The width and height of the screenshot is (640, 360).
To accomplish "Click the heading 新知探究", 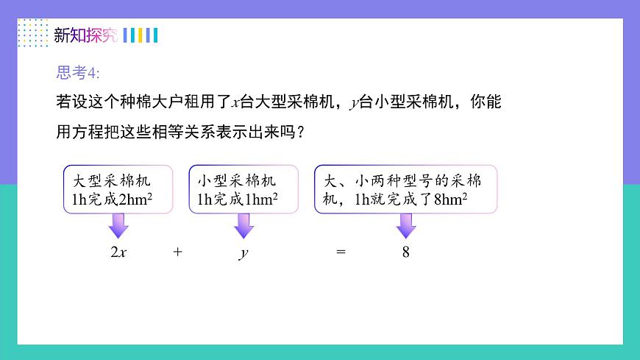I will [85, 35].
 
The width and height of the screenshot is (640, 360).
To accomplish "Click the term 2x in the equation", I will [118, 252].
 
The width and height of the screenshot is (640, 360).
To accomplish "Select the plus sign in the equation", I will [177, 252].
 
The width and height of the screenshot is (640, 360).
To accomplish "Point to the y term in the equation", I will [243, 253].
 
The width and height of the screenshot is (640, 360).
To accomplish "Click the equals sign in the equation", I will [340, 252].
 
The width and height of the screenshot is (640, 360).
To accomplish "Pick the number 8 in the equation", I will [405, 252].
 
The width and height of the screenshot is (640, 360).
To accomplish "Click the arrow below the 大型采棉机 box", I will [118, 225].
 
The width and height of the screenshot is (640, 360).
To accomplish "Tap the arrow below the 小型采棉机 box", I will [243, 225].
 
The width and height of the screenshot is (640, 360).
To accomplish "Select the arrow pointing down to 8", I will [406, 225].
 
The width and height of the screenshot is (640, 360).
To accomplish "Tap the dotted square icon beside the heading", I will [32, 33].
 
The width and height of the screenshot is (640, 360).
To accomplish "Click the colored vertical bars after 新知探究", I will [140, 35].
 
